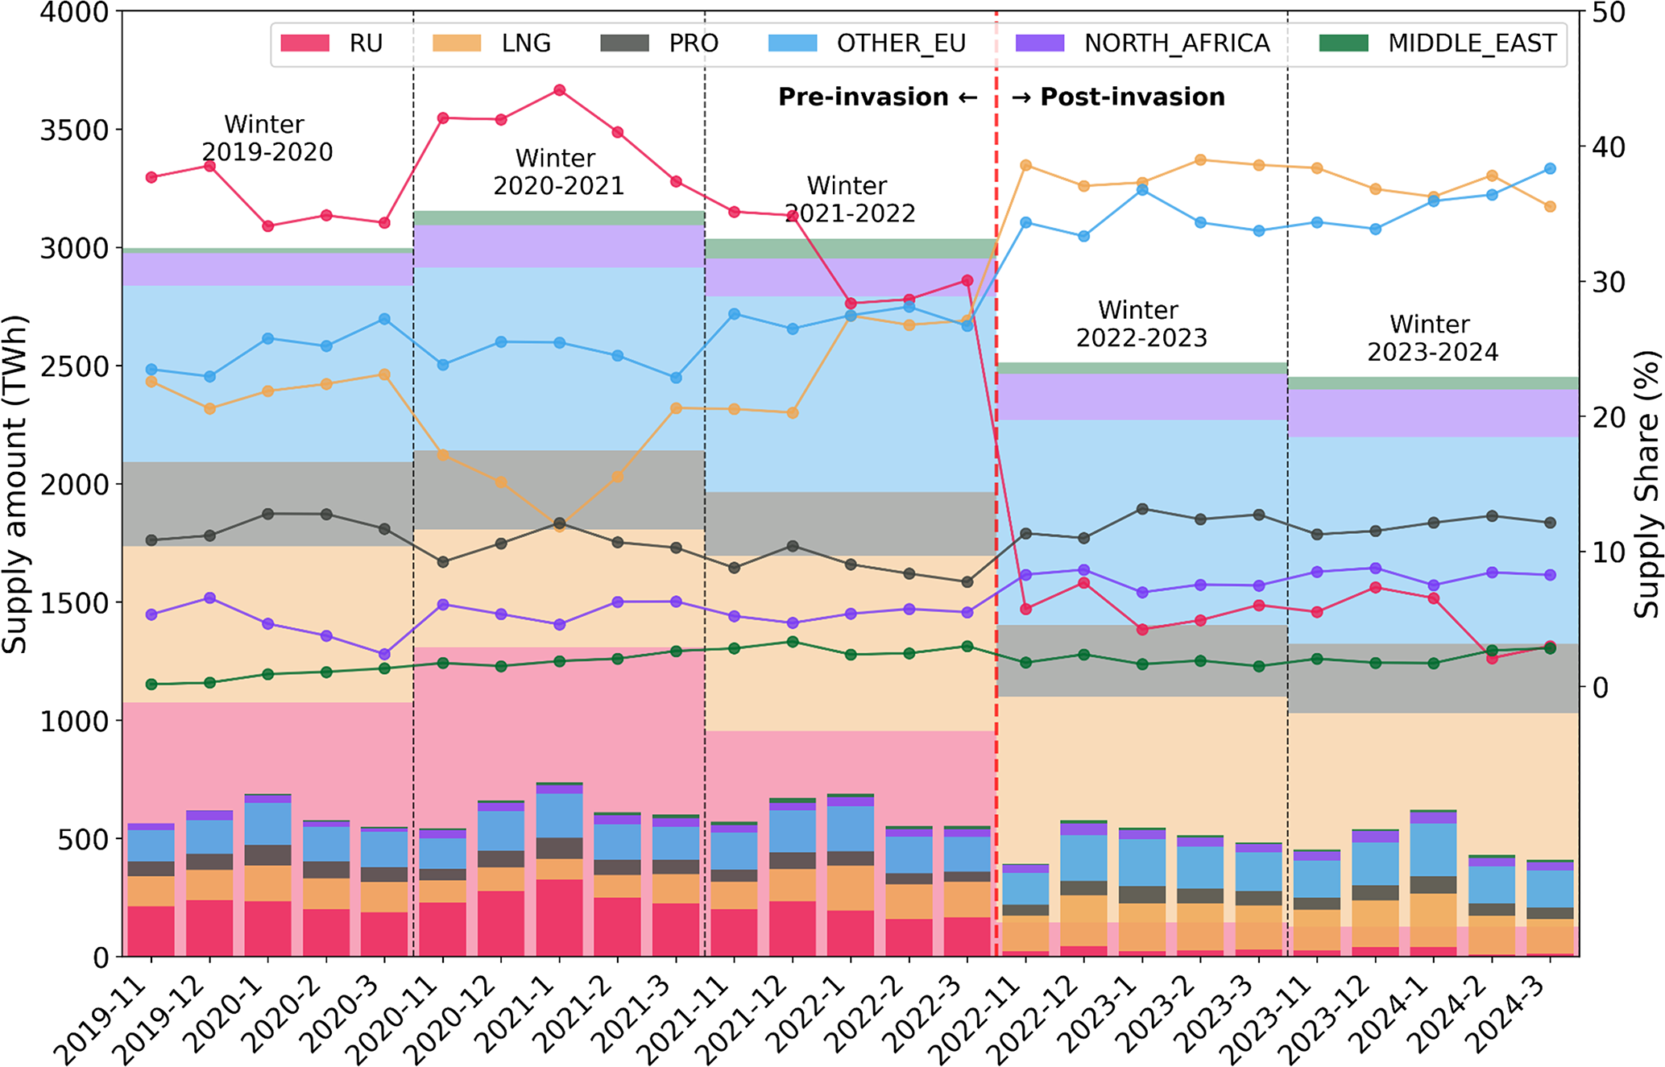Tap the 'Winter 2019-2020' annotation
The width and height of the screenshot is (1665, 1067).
(x=266, y=138)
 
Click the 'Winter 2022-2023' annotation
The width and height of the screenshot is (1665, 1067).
(x=1141, y=324)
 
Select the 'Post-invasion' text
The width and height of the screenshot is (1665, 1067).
(x=1132, y=97)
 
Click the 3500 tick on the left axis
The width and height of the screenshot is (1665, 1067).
(x=74, y=130)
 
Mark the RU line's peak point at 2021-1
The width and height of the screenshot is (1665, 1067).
(x=559, y=90)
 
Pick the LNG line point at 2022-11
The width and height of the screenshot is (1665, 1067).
(x=1025, y=165)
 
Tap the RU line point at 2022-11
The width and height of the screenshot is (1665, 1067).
(x=1025, y=609)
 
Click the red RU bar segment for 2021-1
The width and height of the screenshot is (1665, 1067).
(x=559, y=918)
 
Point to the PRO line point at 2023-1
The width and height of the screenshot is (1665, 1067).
(x=1141, y=509)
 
